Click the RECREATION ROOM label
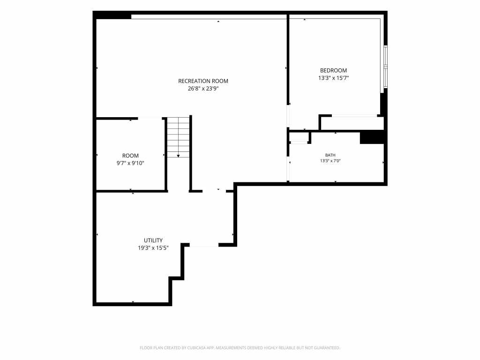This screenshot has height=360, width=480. (203, 81)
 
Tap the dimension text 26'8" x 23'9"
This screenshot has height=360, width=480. (203, 89)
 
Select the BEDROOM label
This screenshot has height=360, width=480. (333, 70)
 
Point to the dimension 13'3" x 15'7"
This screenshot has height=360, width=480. (333, 78)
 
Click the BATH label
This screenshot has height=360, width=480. (330, 155)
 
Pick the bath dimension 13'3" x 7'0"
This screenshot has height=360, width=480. (330, 161)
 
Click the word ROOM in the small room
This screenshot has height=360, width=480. (130, 156)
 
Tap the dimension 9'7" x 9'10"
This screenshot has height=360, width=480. (130, 164)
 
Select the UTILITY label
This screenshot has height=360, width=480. (153, 240)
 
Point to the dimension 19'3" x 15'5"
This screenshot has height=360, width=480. (153, 248)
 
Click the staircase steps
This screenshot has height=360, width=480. (178, 137)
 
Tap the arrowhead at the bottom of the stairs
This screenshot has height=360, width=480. (178, 156)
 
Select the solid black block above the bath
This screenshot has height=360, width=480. (372, 137)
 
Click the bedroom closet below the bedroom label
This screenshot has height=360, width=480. (352, 123)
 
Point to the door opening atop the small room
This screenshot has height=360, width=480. (150, 118)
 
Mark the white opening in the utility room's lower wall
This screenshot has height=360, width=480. (204, 245)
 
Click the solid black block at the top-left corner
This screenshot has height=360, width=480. (112, 15)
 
